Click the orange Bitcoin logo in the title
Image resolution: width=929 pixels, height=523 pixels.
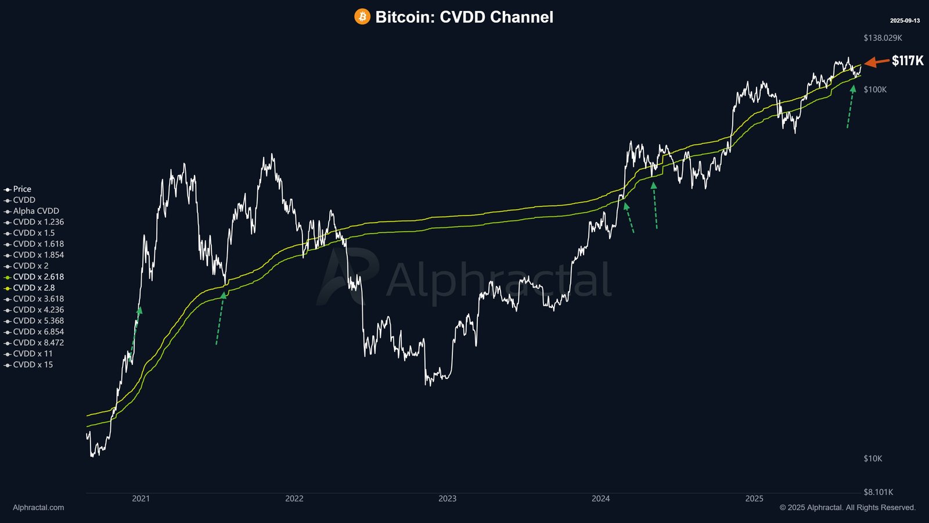(x=362, y=17)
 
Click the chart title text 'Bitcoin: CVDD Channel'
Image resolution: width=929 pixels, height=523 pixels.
(x=464, y=17)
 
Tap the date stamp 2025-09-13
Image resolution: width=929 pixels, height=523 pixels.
(x=905, y=21)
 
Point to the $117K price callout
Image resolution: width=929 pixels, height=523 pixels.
(x=908, y=61)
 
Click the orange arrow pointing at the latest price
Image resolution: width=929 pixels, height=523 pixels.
(x=876, y=62)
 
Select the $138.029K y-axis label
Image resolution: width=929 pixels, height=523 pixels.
(x=883, y=38)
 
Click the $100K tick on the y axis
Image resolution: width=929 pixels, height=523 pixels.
(x=875, y=89)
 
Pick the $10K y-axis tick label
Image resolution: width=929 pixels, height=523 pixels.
(x=873, y=458)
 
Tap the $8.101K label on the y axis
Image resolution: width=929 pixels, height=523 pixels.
(x=878, y=492)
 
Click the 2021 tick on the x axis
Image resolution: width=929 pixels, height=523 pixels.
(x=141, y=499)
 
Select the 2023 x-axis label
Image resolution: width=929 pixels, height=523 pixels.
(x=447, y=499)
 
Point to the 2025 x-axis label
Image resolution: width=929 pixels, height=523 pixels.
(x=754, y=499)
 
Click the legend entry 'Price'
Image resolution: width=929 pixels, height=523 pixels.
(x=22, y=189)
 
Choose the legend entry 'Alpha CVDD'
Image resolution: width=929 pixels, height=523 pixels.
(x=36, y=211)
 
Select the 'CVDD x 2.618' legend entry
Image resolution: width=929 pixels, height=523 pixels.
(x=38, y=277)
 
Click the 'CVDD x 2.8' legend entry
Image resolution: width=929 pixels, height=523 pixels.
(x=34, y=288)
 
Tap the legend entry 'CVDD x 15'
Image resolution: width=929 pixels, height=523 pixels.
(x=33, y=365)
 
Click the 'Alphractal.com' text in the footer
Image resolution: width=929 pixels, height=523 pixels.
(x=38, y=507)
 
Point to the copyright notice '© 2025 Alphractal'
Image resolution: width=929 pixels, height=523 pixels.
(x=847, y=507)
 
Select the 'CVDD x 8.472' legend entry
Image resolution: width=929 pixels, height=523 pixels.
(x=38, y=343)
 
